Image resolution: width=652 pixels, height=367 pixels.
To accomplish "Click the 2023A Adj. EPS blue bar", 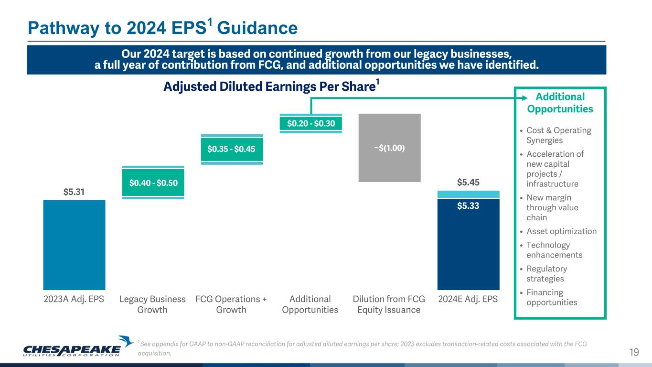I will click(x=74, y=245).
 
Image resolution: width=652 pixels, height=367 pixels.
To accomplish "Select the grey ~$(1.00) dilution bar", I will click(x=389, y=148).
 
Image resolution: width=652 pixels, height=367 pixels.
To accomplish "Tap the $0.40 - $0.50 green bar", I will click(x=153, y=183).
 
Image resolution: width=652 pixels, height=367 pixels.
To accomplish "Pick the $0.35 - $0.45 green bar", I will click(x=232, y=149).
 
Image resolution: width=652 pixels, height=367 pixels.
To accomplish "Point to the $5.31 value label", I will click(x=74, y=192).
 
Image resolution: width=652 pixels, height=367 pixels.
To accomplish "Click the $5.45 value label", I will click(x=468, y=183).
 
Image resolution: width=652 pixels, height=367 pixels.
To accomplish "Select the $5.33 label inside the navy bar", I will click(x=468, y=206).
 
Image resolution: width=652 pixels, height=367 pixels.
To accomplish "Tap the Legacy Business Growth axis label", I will click(x=152, y=304).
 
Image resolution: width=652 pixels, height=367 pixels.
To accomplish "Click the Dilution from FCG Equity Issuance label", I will click(x=389, y=304).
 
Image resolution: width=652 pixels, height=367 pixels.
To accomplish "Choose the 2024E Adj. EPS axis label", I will click(x=468, y=300).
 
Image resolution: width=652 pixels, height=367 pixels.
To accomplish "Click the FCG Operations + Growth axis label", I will click(x=231, y=304).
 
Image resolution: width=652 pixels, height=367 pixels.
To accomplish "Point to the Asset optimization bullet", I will click(x=561, y=231).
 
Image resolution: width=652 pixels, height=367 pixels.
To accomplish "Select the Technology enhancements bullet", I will click(x=554, y=250).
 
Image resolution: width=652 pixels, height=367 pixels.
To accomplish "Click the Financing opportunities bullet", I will click(x=551, y=297).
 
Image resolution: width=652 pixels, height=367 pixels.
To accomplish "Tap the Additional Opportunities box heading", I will click(x=560, y=103).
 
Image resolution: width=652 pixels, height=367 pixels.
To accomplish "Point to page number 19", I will click(x=634, y=353).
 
